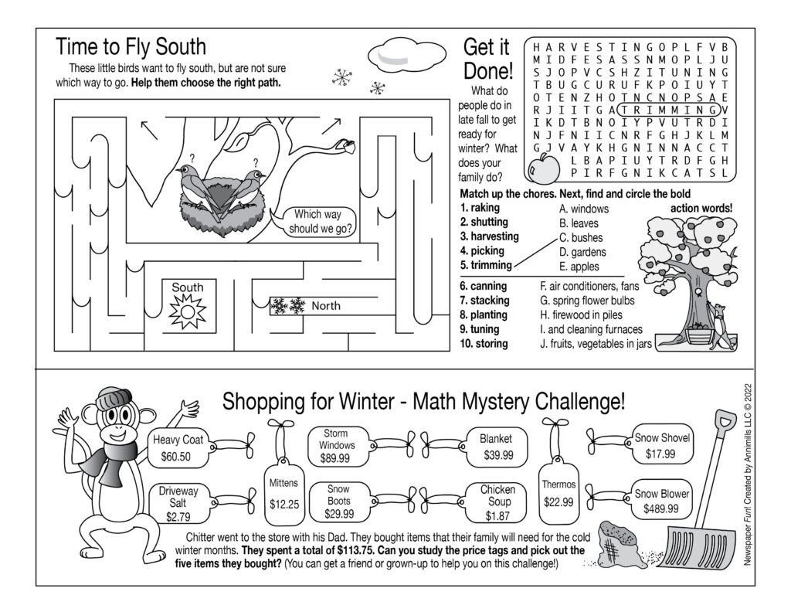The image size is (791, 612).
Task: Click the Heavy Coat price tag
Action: [178, 448]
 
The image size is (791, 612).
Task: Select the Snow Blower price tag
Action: [662, 501]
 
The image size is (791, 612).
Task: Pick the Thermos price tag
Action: [558, 492]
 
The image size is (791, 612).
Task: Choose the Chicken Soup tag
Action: [497, 501]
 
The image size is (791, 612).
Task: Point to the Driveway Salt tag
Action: [178, 503]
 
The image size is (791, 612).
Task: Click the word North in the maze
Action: [325, 306]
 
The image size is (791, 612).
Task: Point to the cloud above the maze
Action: [397, 56]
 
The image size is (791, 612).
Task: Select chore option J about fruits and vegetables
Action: [596, 344]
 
